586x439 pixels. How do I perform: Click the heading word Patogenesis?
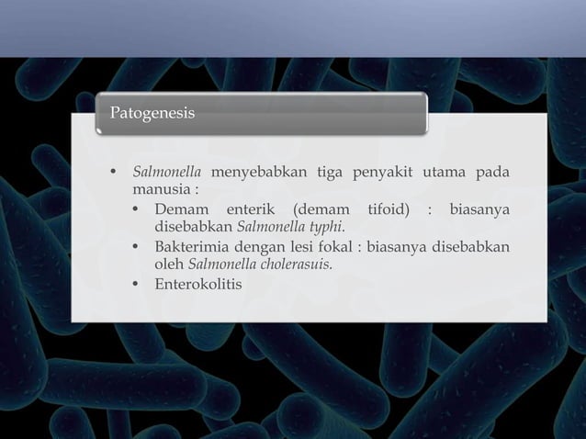point(152,114)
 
